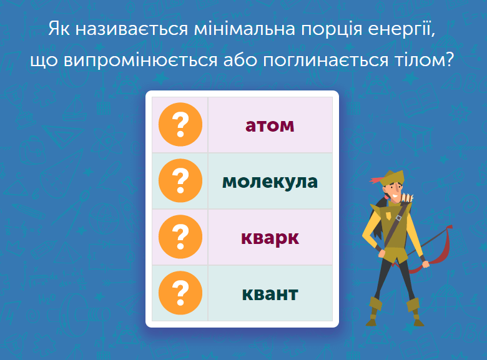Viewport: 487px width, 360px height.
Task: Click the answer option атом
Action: click(x=270, y=125)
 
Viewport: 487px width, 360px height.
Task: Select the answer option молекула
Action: click(x=270, y=182)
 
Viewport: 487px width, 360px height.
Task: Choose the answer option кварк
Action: click(x=270, y=238)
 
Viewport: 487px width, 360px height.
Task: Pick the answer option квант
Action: click(x=270, y=293)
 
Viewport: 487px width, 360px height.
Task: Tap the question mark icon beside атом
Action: click(x=180, y=125)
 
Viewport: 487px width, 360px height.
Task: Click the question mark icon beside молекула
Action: click(x=180, y=181)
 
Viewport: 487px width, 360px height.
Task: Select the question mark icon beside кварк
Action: click(x=180, y=237)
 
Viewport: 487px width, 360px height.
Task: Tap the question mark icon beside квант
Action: click(x=180, y=293)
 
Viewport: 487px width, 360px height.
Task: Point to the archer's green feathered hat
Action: click(x=390, y=178)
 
